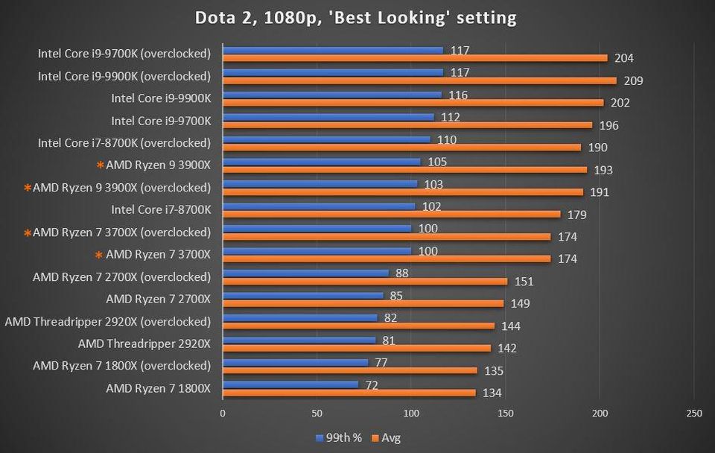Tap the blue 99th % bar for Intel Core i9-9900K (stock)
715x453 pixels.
click(332, 95)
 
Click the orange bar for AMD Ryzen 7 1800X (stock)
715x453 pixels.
click(349, 393)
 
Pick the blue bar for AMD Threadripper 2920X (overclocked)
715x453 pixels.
click(299, 317)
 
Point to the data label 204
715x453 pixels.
click(624, 58)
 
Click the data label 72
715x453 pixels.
click(370, 385)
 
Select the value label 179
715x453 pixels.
click(576, 215)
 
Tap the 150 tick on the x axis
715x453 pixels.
click(506, 413)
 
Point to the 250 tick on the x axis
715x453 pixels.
click(693, 413)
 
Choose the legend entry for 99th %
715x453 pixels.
click(338, 438)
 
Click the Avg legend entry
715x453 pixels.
click(387, 438)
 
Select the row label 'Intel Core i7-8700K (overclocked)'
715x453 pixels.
click(124, 143)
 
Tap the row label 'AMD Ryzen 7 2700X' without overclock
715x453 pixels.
click(159, 300)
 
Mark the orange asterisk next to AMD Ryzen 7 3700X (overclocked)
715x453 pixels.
click(28, 232)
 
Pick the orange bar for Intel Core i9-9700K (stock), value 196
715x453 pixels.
click(407, 125)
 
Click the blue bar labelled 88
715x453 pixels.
click(305, 273)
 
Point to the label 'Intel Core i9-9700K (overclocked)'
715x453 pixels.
click(124, 54)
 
